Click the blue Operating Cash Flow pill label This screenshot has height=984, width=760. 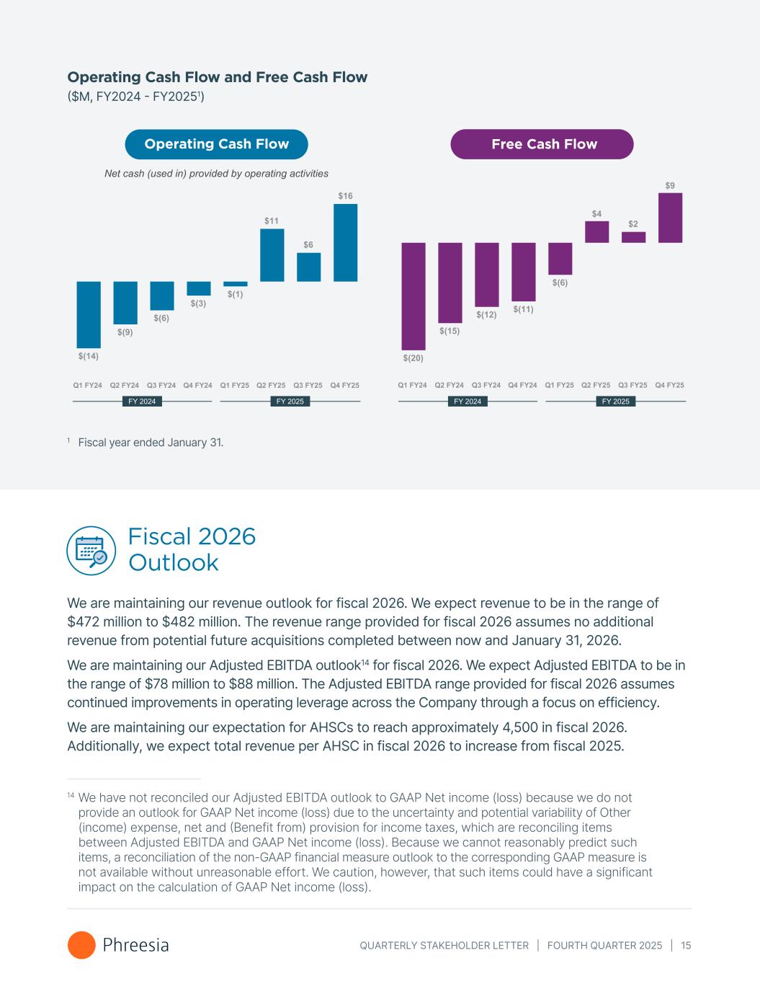pos(216,144)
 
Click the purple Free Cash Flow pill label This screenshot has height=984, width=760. pos(542,144)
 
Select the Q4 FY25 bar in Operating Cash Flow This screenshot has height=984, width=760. pos(345,242)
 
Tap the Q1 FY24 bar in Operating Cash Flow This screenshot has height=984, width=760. pos(89,314)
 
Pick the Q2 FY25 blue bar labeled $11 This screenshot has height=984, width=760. pos(272,254)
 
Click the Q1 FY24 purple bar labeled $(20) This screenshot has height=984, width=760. pos(413,296)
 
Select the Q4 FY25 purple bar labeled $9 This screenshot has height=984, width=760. pos(670,217)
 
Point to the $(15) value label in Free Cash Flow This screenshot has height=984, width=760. pos(450,331)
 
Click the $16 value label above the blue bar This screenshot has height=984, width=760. pos(345,195)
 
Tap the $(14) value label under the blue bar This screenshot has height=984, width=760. pos(89,355)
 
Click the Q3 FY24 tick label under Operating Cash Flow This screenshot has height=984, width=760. pos(161,385)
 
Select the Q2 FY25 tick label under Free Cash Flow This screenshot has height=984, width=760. pos(596,385)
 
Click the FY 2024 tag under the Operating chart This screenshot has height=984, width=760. pos(142,402)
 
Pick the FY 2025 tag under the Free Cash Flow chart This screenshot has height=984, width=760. pos(615,402)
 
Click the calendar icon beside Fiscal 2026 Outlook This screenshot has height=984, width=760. pos(91,551)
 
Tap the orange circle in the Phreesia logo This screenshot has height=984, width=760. pos(81,945)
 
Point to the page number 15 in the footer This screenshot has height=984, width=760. pos(686,945)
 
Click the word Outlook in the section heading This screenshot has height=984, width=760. pos(173,562)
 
